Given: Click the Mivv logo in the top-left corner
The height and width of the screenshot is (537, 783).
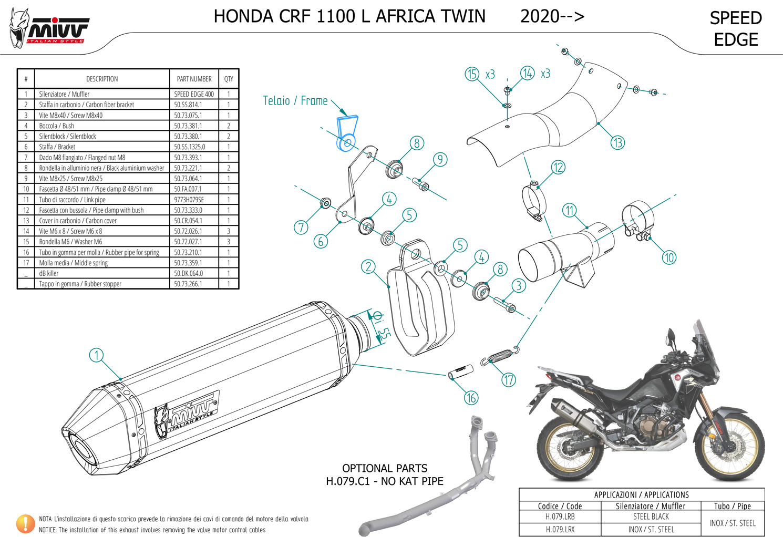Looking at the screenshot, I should (x=50, y=29).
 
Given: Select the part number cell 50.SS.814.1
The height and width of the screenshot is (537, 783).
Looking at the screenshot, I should (x=188, y=105).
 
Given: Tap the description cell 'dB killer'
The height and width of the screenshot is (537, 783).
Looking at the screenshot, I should (x=49, y=273).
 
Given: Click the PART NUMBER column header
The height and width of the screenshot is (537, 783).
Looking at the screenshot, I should (x=194, y=79).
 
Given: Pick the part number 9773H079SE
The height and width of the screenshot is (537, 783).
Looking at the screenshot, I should (x=189, y=200).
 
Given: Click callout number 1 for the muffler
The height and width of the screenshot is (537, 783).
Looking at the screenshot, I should (x=96, y=355).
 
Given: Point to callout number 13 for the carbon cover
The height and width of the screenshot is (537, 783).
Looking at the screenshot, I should (x=617, y=142).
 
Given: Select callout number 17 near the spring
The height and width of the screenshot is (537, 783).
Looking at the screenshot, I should (x=509, y=379).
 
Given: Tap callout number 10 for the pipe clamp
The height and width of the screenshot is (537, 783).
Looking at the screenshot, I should (x=669, y=257).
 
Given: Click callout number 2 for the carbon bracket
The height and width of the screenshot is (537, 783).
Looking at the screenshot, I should (x=368, y=266).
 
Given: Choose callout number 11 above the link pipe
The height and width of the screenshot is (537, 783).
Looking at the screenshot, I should (x=570, y=211).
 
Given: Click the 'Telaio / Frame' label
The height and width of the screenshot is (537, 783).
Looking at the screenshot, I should (x=295, y=100).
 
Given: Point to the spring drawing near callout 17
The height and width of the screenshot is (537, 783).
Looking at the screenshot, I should (x=501, y=356).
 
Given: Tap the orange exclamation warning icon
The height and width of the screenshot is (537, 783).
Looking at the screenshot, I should (x=25, y=523).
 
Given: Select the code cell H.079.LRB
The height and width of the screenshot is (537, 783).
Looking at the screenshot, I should (x=560, y=517).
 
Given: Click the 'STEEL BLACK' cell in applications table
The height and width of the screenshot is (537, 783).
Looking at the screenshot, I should (x=651, y=517).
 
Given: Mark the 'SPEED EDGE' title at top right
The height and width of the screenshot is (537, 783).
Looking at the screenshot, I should (x=736, y=29).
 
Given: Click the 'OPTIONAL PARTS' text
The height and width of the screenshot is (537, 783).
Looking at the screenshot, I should (x=385, y=468).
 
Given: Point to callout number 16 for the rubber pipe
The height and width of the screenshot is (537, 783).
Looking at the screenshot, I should (x=471, y=398).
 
